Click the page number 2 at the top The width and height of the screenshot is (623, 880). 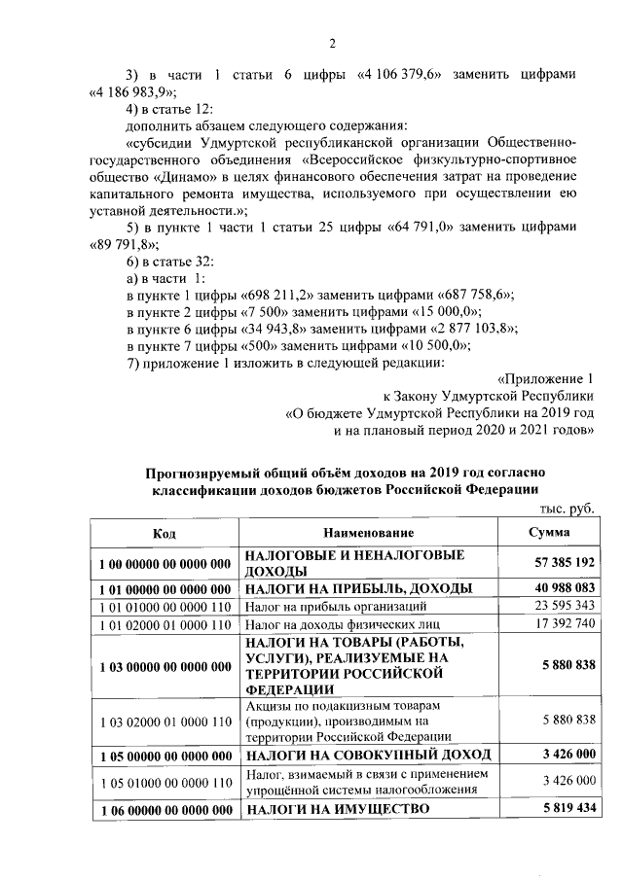click(x=331, y=42)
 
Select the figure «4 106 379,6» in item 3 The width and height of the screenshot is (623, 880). click(x=405, y=75)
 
